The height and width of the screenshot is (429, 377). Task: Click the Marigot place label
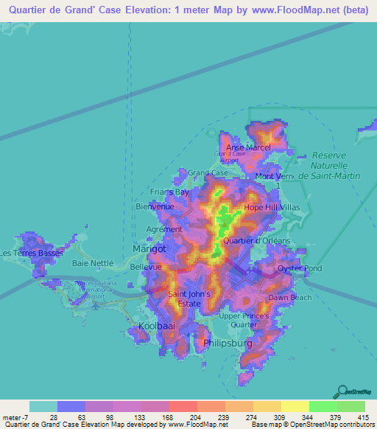coord(149,249)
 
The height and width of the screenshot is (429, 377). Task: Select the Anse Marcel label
coord(248,147)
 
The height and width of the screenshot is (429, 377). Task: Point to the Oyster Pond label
coord(300,268)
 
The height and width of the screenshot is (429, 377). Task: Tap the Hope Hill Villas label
coord(272,208)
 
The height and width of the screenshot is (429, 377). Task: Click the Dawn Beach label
coord(289,298)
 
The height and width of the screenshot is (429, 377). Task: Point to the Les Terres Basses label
coord(32,254)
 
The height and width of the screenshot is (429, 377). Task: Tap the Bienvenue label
coord(155,207)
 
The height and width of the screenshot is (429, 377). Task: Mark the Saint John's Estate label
coord(190,299)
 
